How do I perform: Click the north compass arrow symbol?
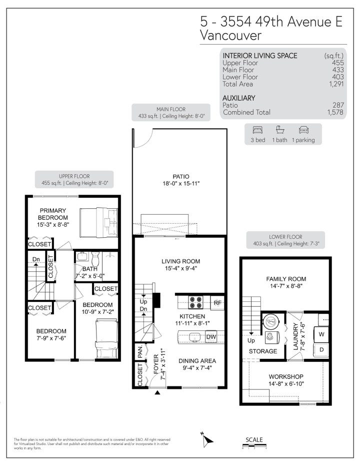(208, 440)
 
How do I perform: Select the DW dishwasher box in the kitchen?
(211, 337)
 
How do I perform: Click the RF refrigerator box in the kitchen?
(217, 302)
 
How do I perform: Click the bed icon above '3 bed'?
(257, 130)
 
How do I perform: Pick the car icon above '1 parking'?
(303, 130)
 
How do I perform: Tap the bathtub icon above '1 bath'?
(280, 130)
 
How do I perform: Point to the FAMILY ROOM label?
(286, 279)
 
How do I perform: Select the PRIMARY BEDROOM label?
(53, 214)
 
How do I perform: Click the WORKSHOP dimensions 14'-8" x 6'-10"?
(286, 384)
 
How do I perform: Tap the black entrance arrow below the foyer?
(158, 393)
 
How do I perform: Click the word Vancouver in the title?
(230, 36)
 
